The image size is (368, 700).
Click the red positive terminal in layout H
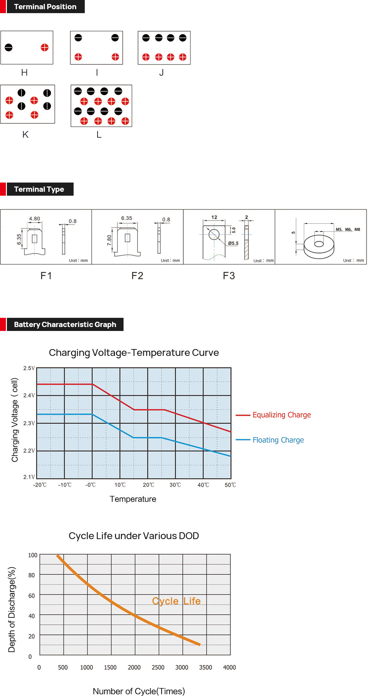click(45, 48)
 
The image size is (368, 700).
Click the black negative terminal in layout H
click(9, 48)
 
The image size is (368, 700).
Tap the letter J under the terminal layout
click(161, 73)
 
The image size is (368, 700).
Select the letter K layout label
click(25, 135)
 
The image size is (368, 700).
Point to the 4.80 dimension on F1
click(34, 219)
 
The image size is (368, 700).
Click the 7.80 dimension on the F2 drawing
click(109, 240)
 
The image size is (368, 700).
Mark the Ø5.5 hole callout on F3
click(233, 243)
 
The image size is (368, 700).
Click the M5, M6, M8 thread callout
click(348, 230)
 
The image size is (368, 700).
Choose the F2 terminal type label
click(137, 276)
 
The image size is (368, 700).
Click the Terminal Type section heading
click(39, 189)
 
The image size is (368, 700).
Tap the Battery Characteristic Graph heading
click(65, 325)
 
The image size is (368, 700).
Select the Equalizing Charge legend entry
click(282, 415)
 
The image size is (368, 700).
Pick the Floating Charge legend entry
click(278, 440)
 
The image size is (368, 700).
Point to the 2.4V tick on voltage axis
click(29, 395)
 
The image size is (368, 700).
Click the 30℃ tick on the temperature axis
click(175, 485)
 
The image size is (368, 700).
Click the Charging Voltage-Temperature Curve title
click(134, 353)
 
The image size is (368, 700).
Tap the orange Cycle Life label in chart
click(176, 601)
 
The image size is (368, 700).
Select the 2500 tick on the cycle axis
click(158, 667)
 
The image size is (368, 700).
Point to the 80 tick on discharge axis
click(32, 575)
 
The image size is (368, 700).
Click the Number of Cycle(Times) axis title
click(139, 691)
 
